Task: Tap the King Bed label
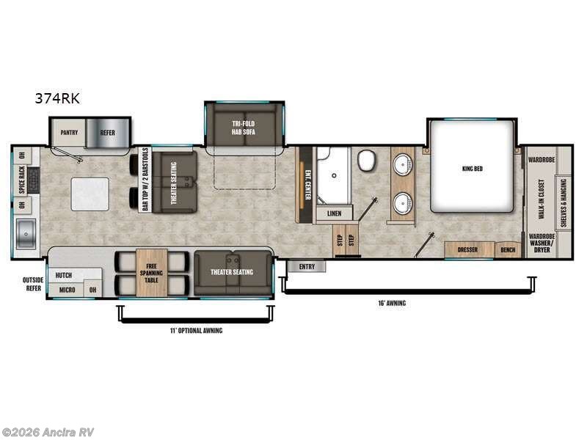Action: (x=473, y=168)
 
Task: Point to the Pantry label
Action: (x=69, y=133)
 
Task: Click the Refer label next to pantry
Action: (x=107, y=133)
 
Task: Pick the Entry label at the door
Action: (x=307, y=266)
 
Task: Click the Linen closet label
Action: (x=334, y=213)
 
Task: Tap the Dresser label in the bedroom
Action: (x=467, y=250)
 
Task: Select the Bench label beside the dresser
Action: (x=507, y=250)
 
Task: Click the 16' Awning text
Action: (x=393, y=302)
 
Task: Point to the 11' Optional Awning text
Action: (x=196, y=331)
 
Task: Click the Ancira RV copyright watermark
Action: (x=48, y=432)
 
